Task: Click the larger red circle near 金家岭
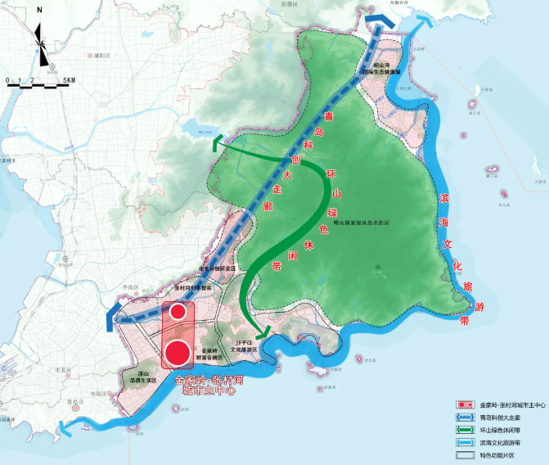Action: coord(178,352)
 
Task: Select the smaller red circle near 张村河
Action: coord(178,312)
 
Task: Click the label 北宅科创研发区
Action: coord(217,268)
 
